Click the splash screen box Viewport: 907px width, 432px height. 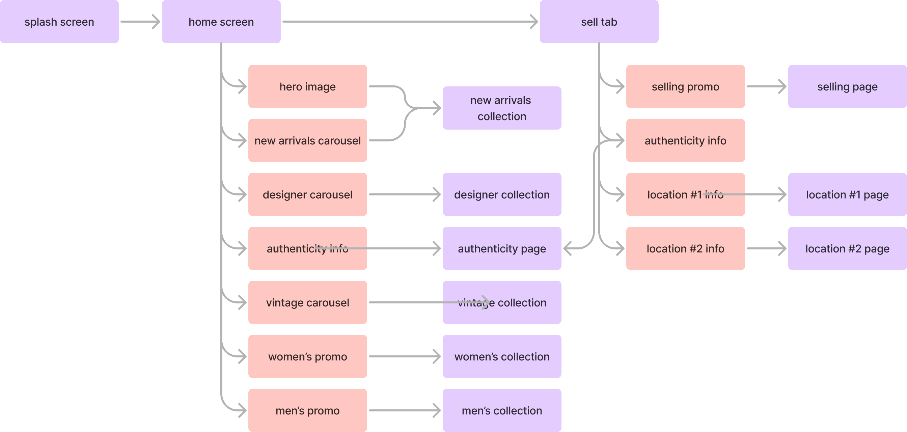pyautogui.click(x=59, y=22)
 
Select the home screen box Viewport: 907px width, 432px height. pyautogui.click(x=221, y=22)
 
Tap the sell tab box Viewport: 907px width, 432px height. pyautogui.click(x=599, y=22)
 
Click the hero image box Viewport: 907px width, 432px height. pyautogui.click(x=307, y=86)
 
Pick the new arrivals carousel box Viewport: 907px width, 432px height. pyautogui.click(x=307, y=140)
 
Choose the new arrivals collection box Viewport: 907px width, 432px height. pyautogui.click(x=502, y=108)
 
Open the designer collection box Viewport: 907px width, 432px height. pyautogui.click(x=502, y=194)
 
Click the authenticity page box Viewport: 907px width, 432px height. pyautogui.click(x=502, y=248)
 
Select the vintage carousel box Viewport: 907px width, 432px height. pyautogui.click(x=307, y=302)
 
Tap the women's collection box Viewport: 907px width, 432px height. pyautogui.click(x=502, y=356)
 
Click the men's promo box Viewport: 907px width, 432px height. pyautogui.click(x=307, y=410)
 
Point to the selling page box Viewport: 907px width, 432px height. pyautogui.click(x=847, y=86)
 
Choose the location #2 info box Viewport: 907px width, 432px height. pyautogui.click(x=685, y=248)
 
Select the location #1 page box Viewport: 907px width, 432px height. pyautogui.click(x=847, y=194)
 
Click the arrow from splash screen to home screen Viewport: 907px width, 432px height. pyautogui.click(x=140, y=22)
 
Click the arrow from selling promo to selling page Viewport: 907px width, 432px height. pyautogui.click(x=766, y=86)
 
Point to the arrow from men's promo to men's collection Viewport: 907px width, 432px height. pyautogui.click(x=405, y=410)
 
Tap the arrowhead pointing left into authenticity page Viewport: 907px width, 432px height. pyautogui.click(x=568, y=248)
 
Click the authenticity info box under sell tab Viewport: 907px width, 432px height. pyautogui.click(x=685, y=140)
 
